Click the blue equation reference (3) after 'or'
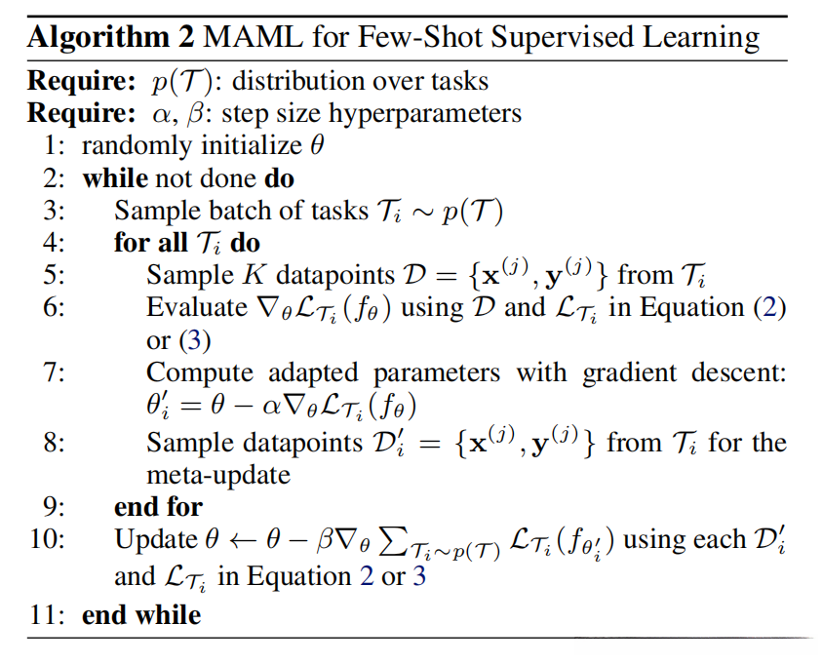click(189, 340)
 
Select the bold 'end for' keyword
click(158, 507)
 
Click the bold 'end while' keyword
click(141, 615)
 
